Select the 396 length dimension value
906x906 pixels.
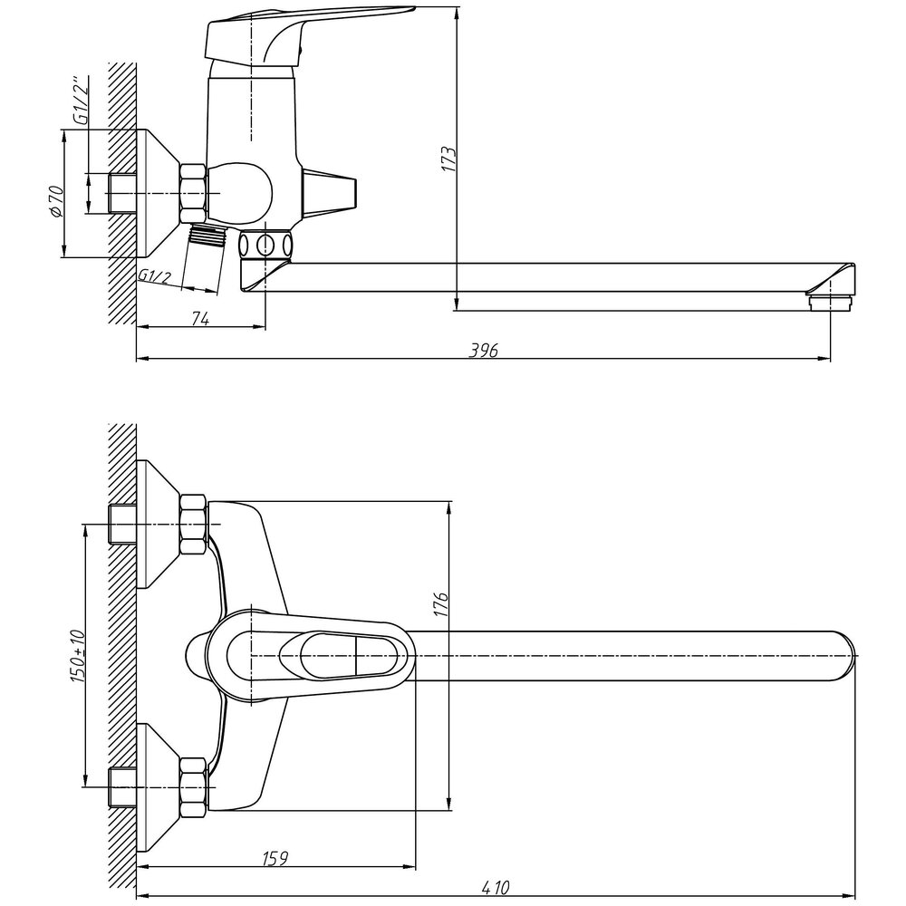tap(484, 350)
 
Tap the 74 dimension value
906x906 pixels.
tap(200, 318)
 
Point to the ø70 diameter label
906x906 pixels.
tap(55, 201)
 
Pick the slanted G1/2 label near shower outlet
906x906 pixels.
tap(155, 276)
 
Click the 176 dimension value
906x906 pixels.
tap(441, 603)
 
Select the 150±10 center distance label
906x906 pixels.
tap(78, 656)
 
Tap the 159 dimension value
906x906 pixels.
tap(275, 859)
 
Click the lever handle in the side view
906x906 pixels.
tap(301, 34)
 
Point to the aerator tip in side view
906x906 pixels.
tap(830, 303)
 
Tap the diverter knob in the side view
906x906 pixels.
tap(330, 190)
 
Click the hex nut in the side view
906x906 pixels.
tap(193, 193)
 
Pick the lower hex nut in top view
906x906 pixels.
tap(193, 787)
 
